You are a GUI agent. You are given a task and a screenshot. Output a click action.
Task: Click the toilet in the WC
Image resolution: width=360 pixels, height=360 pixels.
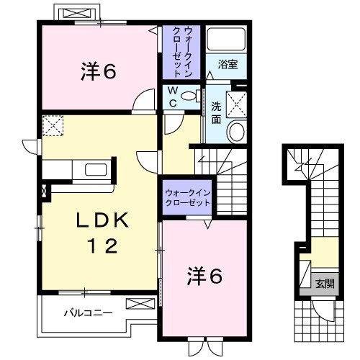(x=190, y=96)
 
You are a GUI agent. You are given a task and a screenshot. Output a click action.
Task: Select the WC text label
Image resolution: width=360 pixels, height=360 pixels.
(x=173, y=96)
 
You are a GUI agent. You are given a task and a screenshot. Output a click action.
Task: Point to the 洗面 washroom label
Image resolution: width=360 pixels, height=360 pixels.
(x=216, y=112)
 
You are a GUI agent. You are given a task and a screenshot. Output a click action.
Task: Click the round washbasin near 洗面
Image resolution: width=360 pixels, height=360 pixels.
(x=236, y=132)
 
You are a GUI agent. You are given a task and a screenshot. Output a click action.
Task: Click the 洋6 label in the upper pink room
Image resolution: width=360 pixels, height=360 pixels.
(x=98, y=71)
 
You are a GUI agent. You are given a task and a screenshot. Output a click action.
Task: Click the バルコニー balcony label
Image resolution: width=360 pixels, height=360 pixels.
(x=86, y=313)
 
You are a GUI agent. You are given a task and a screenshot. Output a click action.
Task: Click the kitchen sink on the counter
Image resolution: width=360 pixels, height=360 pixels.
(x=96, y=169)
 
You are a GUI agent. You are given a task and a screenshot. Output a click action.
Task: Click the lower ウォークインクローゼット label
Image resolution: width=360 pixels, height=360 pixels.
(x=188, y=198)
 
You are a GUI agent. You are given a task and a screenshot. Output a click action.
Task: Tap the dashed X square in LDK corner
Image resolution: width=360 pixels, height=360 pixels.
(x=53, y=126)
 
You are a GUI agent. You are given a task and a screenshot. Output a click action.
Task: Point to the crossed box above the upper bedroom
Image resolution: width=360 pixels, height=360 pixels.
(x=76, y=14)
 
